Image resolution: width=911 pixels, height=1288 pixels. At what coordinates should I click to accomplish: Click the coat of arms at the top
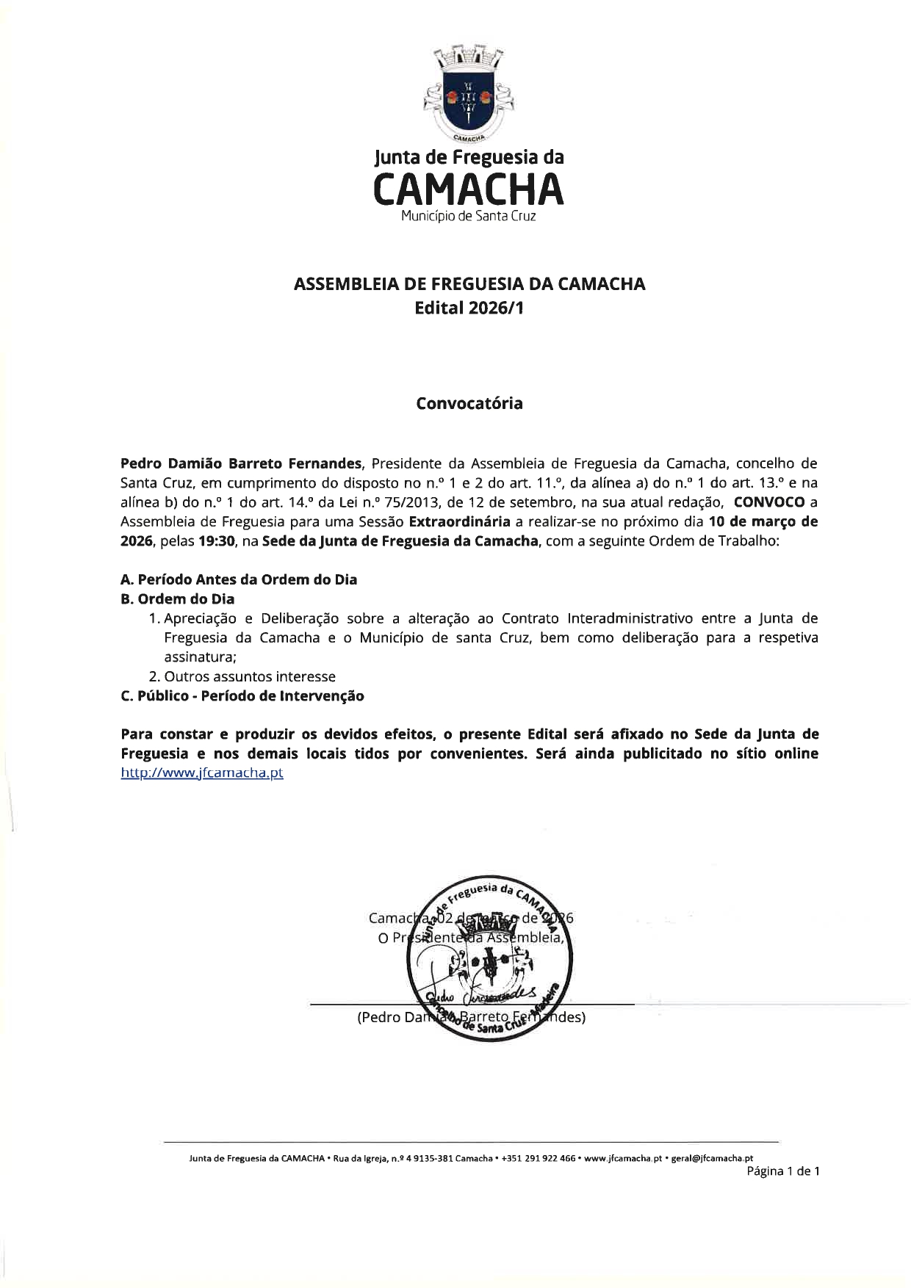click(468, 93)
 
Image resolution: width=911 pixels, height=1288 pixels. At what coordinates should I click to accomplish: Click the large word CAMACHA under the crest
click(469, 189)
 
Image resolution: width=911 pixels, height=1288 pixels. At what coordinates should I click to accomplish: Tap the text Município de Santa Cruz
click(469, 217)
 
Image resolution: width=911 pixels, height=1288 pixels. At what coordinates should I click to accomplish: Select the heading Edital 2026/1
click(469, 308)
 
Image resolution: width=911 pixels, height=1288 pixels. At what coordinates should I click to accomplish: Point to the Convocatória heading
click(469, 404)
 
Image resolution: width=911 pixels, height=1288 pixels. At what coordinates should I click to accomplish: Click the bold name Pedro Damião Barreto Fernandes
click(241, 464)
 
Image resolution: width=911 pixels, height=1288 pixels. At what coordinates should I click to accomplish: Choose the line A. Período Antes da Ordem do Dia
click(239, 579)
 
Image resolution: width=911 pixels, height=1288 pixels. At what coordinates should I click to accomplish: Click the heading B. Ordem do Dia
click(178, 599)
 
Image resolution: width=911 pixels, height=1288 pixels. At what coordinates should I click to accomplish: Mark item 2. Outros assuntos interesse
click(242, 676)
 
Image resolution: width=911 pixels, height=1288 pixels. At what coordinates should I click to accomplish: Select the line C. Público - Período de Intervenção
click(242, 696)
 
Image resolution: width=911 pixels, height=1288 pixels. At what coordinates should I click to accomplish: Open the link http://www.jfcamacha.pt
click(202, 773)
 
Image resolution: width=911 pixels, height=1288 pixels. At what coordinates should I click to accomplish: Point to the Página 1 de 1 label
click(782, 1171)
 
